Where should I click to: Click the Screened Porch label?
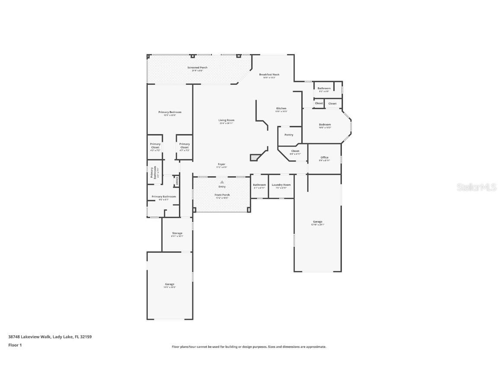point(197,68)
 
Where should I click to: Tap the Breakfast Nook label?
point(269,74)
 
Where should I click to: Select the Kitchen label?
point(281,108)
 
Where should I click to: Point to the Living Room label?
point(226,120)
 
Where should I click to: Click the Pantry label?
point(289,135)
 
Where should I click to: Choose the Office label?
point(324,158)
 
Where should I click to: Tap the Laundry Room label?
point(281,185)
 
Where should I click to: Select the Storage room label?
point(177,233)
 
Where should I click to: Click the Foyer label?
point(221,164)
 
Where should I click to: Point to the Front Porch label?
point(222,195)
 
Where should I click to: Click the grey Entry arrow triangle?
point(222,182)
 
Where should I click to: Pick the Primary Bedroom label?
point(169,112)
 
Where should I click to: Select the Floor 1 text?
point(15,345)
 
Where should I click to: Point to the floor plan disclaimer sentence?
point(249,347)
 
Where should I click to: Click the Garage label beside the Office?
point(318,222)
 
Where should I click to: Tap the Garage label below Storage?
point(169,284)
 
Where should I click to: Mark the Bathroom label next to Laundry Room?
point(259,185)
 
